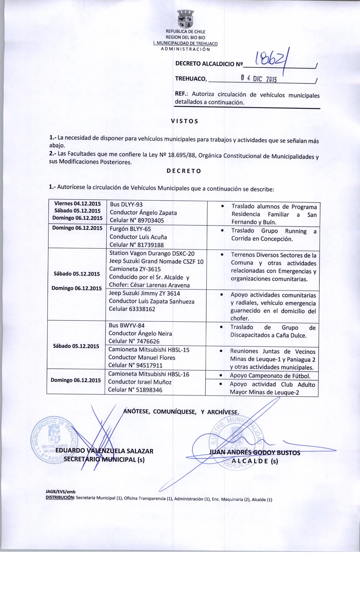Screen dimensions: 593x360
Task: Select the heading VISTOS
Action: pyautogui.click(x=185, y=121)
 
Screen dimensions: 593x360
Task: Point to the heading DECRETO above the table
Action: pyautogui.click(x=184, y=171)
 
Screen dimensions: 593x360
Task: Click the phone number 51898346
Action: pyautogui.click(x=148, y=390)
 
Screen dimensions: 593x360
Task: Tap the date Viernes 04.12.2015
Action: pyautogui.click(x=77, y=203)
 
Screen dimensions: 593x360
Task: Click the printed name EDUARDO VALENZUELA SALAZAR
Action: pyautogui.click(x=104, y=451)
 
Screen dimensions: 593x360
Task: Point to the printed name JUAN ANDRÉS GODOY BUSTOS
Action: pyautogui.click(x=254, y=453)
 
